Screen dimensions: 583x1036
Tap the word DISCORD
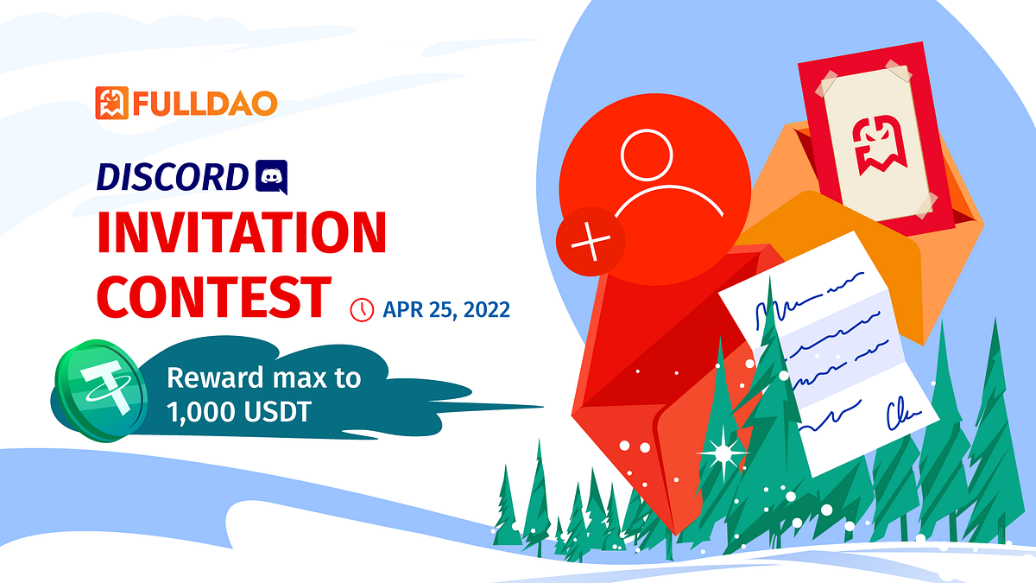172,177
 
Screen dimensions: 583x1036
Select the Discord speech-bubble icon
272,177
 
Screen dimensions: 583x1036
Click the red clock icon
361,309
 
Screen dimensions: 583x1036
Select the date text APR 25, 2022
446,309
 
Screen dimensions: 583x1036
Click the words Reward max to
263,377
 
